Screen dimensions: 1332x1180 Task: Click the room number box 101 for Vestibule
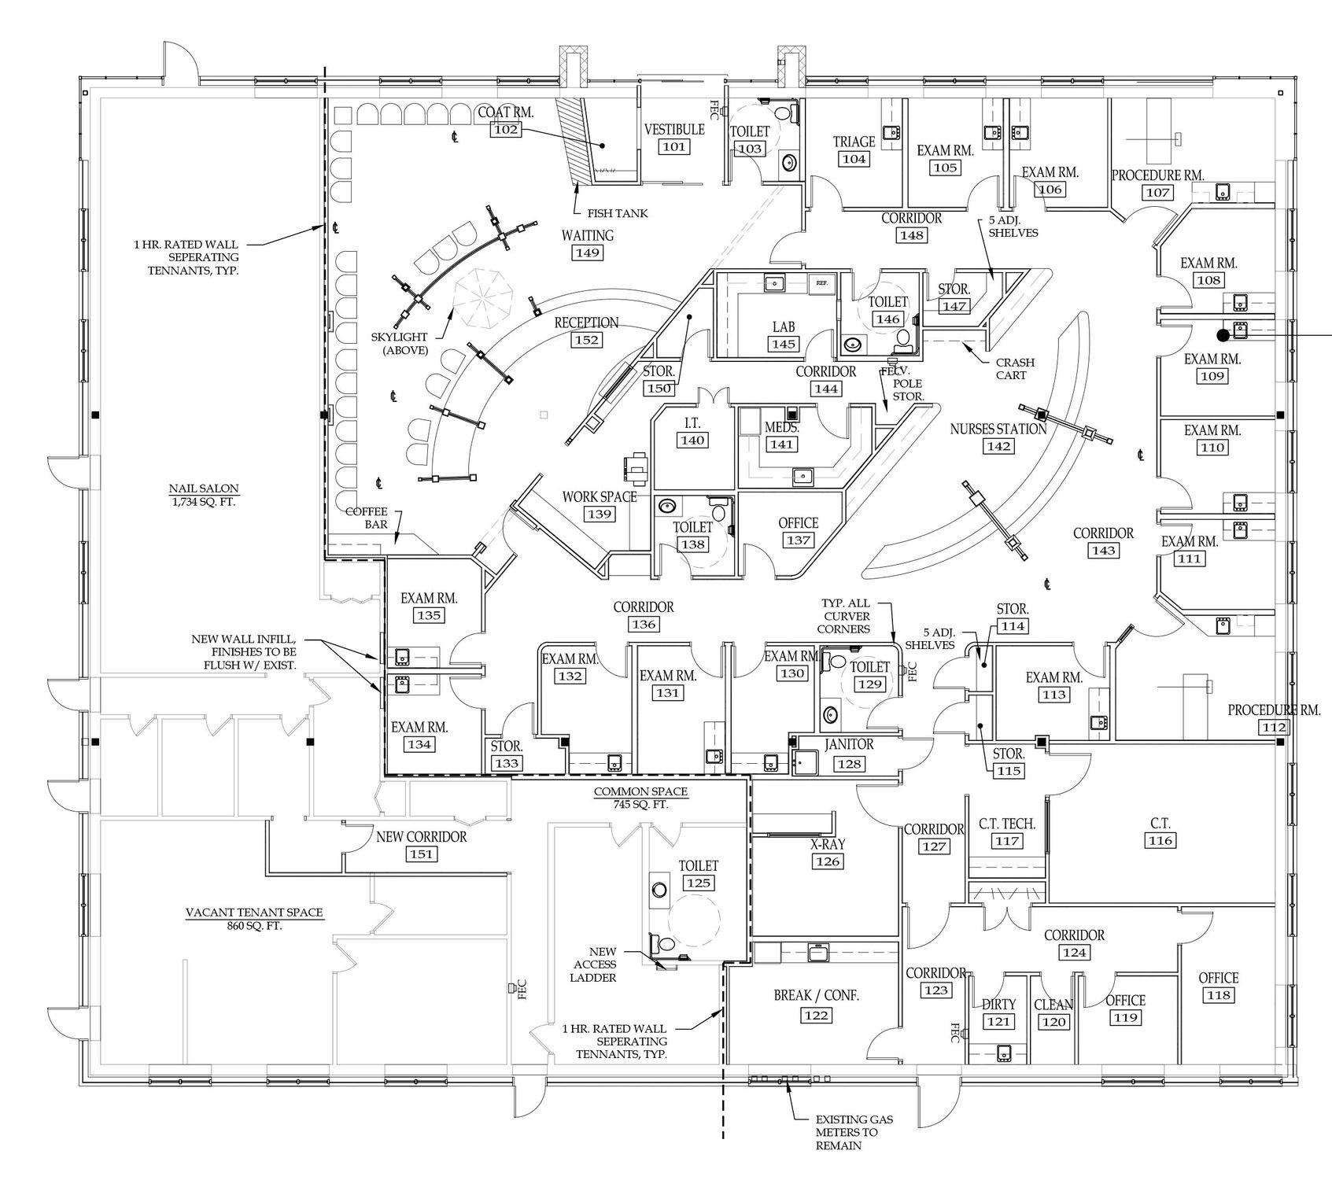(673, 146)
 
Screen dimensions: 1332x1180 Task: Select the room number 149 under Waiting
(588, 253)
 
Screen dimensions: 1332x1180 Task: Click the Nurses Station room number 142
(999, 446)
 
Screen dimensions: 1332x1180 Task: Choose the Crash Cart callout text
(1015, 369)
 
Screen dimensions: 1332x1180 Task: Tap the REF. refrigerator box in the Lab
(821, 282)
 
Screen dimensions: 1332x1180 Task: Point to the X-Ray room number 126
(828, 861)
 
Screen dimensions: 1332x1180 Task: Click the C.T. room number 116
(1160, 841)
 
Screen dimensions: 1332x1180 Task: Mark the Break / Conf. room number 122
(816, 1016)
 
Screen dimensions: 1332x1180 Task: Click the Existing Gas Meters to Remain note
(854, 1132)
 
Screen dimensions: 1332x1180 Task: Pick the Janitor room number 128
(849, 763)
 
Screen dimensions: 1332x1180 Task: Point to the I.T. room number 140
(692, 441)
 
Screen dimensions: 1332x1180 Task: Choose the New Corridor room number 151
(421, 854)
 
